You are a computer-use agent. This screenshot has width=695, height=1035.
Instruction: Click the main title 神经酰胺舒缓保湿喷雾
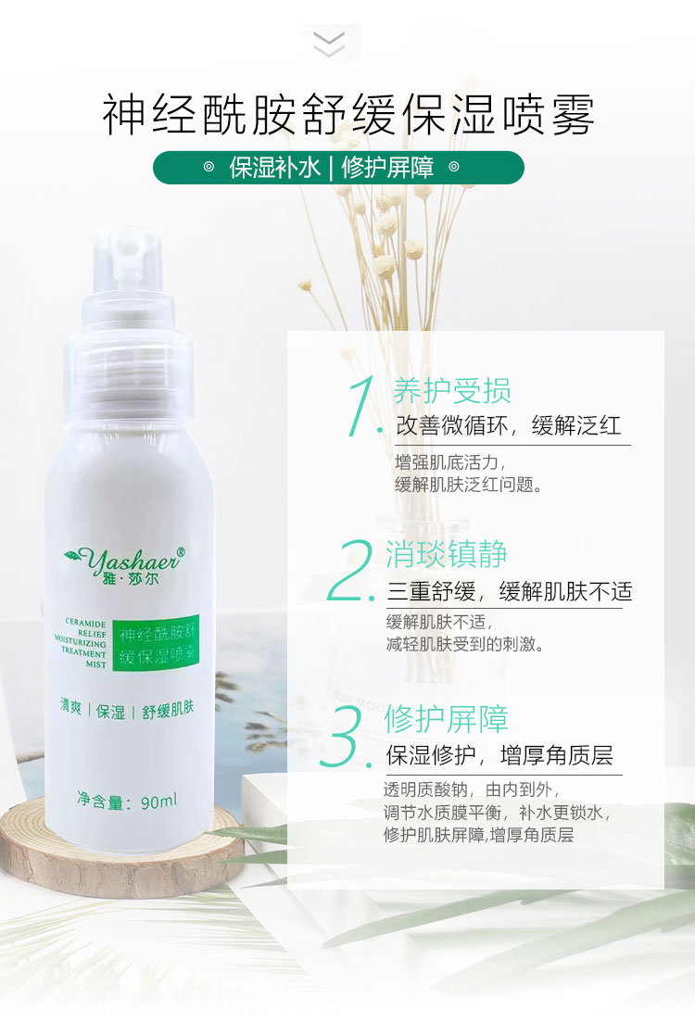pos(347,114)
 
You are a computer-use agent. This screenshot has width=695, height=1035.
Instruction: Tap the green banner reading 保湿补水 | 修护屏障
pos(338,168)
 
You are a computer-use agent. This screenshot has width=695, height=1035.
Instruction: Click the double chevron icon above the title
pos(329,43)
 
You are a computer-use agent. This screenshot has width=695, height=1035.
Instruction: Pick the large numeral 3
pos(345,736)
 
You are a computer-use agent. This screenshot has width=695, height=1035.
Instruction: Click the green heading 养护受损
pos(452,391)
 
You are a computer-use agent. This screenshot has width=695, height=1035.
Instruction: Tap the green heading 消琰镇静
pos(446,554)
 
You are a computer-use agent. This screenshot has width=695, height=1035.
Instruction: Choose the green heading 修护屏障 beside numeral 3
pos(446,718)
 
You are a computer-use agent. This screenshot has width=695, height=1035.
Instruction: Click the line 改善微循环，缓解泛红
pos(508,425)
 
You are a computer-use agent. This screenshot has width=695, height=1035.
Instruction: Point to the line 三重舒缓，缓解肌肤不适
pos(510,591)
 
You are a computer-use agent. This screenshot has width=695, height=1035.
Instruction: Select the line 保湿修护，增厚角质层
pos(499,755)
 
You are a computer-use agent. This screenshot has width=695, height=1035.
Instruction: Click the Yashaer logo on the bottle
pos(125,565)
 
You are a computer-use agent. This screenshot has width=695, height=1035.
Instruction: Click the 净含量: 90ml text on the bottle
pos(127,801)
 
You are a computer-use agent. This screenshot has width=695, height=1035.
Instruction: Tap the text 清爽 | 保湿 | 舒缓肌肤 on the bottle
pos(127,710)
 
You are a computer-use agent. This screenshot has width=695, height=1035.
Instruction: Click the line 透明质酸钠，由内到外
pos(472,790)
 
